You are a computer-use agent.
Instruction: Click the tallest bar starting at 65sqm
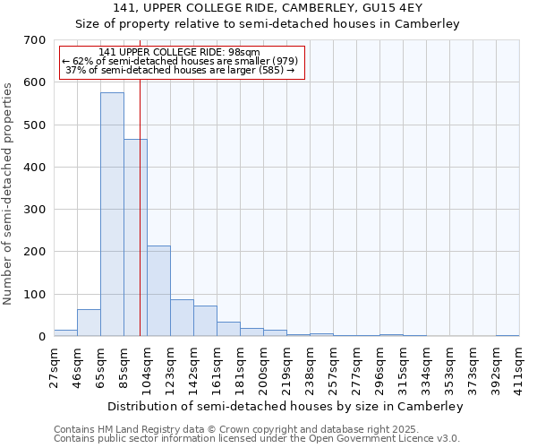(x=112, y=215)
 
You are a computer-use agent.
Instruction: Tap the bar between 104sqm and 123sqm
(x=158, y=291)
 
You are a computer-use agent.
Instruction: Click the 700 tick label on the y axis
(x=35, y=40)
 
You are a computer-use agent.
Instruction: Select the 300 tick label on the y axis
(x=35, y=210)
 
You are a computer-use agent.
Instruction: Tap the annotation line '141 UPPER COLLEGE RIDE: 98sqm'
(x=180, y=52)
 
